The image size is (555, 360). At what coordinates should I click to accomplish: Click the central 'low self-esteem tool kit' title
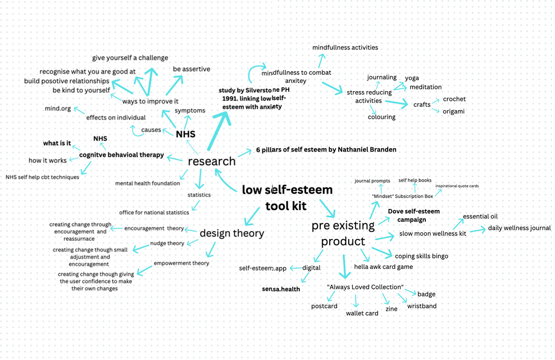pos(287,197)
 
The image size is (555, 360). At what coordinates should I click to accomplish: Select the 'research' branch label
pos(212,161)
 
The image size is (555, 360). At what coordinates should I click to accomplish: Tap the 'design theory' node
pos(232,233)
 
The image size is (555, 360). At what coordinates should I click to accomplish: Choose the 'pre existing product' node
pos(343,233)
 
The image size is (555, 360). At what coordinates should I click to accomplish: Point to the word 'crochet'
pos(454,99)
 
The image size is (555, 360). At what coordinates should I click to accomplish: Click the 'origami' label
pos(453,112)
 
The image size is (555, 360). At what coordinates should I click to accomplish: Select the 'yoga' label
pos(412,78)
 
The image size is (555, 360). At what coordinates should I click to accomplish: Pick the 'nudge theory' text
pos(167,243)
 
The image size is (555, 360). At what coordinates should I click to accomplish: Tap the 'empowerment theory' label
pos(181,263)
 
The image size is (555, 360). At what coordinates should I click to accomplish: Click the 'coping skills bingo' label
pos(421,256)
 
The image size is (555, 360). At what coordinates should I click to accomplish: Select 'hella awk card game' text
pos(383,267)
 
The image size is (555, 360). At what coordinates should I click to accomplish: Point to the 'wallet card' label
pos(362,313)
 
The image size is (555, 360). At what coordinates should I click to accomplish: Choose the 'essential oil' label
pos(480,216)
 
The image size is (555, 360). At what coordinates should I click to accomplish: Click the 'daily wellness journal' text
pos(519,228)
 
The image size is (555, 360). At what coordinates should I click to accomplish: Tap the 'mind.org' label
pos(58,108)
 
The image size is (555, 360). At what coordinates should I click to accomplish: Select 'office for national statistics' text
pos(154,212)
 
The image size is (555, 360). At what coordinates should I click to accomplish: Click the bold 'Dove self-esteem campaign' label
pos(414,215)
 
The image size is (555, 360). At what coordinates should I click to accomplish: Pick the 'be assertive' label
pos(191,69)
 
